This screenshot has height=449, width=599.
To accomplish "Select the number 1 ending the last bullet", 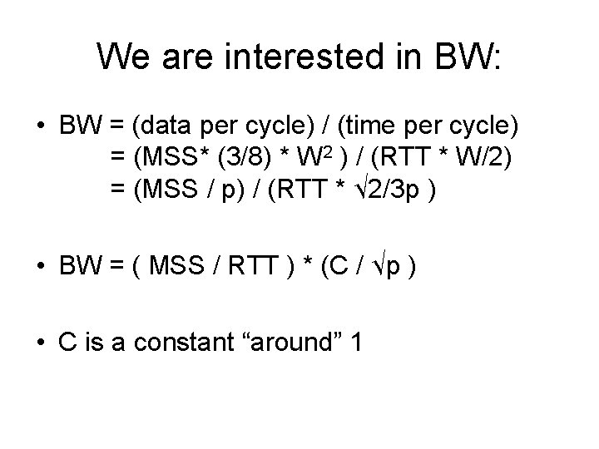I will pos(356,342).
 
